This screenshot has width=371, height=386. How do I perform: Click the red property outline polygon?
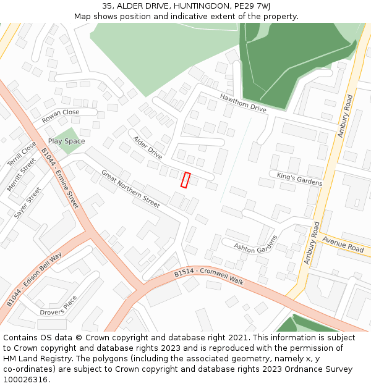point(185,180)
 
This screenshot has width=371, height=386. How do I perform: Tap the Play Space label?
point(67,141)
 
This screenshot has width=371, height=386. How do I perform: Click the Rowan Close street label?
point(61,116)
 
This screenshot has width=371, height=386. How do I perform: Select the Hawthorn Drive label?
point(243,103)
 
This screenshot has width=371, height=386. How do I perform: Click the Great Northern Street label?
point(130,188)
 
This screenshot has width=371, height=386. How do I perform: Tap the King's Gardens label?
point(300,179)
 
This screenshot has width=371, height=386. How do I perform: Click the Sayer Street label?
point(28,203)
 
